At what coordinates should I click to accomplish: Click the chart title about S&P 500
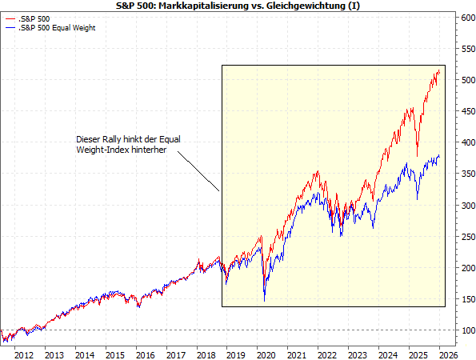(238, 6)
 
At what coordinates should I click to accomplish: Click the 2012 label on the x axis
(23, 354)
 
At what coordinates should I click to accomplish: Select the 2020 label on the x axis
(265, 354)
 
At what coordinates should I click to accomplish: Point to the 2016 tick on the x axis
(144, 354)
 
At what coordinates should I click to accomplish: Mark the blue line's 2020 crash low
(264, 301)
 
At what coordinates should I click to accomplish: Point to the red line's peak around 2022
(318, 170)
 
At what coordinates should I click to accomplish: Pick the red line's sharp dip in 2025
(418, 155)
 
